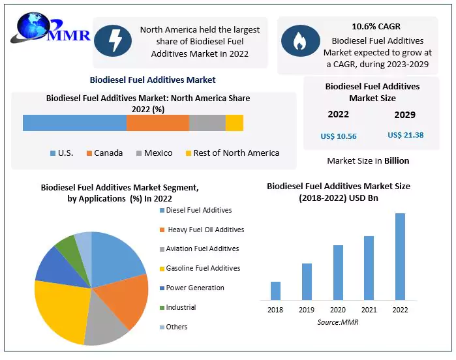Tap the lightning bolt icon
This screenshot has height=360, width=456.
113,41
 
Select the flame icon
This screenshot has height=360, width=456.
300,41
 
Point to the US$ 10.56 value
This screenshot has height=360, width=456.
339,136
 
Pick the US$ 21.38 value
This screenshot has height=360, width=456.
405,135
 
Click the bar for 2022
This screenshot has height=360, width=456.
400,256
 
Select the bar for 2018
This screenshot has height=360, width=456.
275,291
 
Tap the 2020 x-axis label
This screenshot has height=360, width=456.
338,310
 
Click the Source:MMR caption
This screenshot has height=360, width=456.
338,322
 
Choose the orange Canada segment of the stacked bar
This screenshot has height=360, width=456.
157,123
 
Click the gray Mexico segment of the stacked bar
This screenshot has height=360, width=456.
207,123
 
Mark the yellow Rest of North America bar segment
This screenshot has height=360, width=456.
234,123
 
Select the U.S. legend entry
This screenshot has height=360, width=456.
62,153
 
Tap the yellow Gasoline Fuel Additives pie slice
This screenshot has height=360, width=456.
59,310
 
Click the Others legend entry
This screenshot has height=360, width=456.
175,327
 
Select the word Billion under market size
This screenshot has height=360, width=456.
396,160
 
